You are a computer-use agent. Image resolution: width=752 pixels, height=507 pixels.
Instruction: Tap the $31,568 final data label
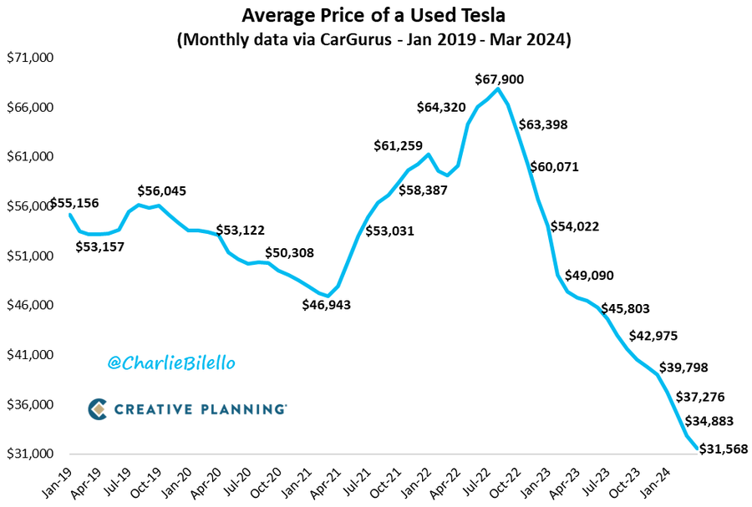(x=723, y=449)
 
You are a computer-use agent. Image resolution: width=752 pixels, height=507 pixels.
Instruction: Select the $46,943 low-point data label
(x=327, y=305)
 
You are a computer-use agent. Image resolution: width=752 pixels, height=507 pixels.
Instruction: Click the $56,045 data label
(x=161, y=190)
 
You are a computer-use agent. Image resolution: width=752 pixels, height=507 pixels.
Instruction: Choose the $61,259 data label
(x=398, y=146)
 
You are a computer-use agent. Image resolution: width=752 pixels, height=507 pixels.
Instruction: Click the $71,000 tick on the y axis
(x=30, y=58)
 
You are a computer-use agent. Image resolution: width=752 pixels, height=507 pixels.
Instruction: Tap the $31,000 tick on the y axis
(x=30, y=454)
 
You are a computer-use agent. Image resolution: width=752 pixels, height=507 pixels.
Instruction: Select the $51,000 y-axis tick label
(x=30, y=256)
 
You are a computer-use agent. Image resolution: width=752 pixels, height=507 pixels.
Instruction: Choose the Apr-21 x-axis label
(x=328, y=482)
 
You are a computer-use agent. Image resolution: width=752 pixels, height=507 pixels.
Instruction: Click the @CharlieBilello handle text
(x=171, y=363)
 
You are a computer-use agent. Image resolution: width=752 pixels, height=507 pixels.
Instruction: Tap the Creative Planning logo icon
(x=98, y=408)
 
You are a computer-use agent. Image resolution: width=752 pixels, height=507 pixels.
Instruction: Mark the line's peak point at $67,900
(x=499, y=89)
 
